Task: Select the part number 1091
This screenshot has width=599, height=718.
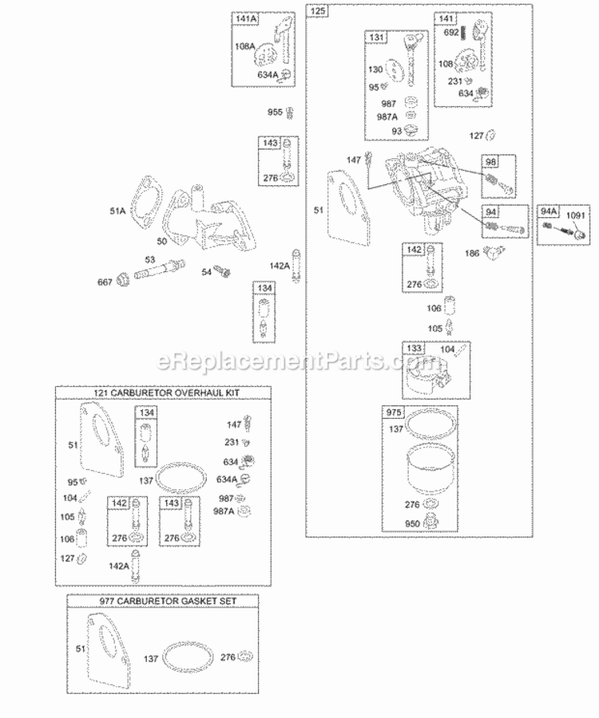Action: pos(576,215)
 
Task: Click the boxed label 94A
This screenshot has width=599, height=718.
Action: pos(548,211)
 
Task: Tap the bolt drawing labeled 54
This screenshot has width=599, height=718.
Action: pos(225,271)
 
